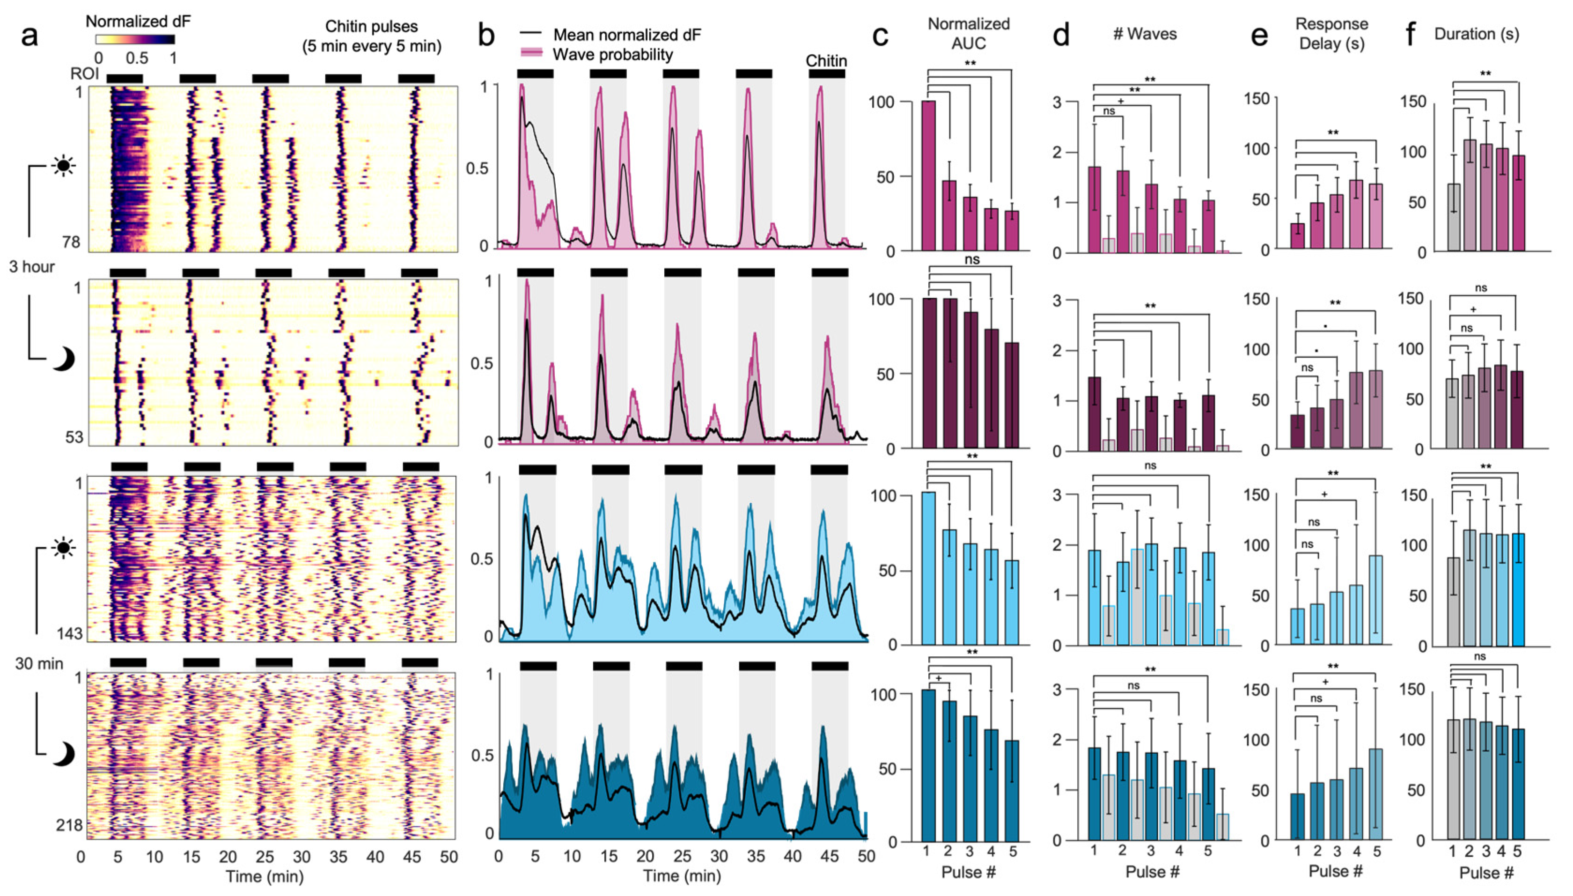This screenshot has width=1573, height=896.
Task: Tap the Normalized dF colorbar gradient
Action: tap(135, 39)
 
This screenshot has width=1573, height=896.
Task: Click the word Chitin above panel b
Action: tap(826, 61)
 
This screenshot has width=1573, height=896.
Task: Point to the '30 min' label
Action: tap(39, 664)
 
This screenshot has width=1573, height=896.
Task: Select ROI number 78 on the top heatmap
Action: tap(71, 242)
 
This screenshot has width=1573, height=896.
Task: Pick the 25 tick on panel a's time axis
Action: tap(265, 857)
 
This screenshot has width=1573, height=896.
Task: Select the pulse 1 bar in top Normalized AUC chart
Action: tap(928, 176)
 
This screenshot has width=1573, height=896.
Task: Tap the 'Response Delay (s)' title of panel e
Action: tap(1332, 33)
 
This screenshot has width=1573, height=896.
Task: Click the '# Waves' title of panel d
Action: tap(1145, 34)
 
